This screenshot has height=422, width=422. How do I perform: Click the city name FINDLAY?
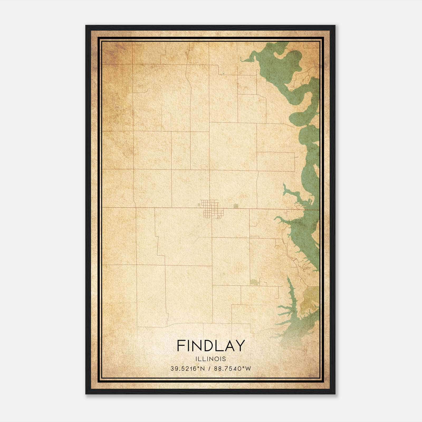[x=211, y=346]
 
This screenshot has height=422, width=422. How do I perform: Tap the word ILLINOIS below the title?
[x=211, y=359]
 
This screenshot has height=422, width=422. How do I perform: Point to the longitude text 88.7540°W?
[x=232, y=368]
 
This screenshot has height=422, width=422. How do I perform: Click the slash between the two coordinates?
[x=209, y=368]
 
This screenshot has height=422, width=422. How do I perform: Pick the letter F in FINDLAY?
[x=181, y=346]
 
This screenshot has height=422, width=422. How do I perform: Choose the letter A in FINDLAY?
[x=230, y=346]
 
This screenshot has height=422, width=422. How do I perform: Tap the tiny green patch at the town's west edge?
[x=198, y=205]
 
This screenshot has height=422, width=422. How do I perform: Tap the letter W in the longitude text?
[x=248, y=368]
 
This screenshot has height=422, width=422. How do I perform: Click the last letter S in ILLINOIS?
[x=224, y=359]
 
